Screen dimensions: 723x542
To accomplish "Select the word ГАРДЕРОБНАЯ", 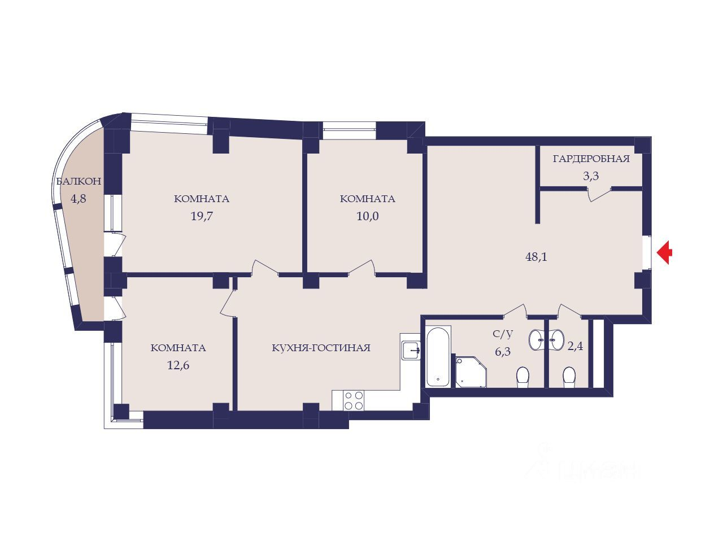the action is [x=591, y=159].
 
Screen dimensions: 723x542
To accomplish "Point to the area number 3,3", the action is [x=591, y=176].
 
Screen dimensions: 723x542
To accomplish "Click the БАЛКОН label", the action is [x=79, y=181].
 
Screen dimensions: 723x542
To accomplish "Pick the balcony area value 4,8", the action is [x=79, y=198].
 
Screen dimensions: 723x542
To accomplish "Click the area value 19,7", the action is [x=202, y=216].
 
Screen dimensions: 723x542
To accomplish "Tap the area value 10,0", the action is [x=368, y=216].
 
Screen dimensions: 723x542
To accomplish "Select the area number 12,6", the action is [x=178, y=365].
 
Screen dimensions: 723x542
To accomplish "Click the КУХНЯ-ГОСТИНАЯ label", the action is [x=321, y=348].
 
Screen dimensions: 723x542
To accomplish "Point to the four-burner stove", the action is [x=353, y=400].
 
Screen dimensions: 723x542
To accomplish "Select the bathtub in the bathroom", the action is [x=437, y=356].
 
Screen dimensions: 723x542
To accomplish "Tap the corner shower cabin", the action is [x=471, y=371].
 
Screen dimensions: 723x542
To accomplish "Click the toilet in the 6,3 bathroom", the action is [x=522, y=377].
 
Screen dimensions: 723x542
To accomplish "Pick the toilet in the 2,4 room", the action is [x=569, y=377].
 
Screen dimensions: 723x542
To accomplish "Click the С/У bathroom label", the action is [x=503, y=334].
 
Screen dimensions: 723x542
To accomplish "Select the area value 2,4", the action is [x=575, y=346].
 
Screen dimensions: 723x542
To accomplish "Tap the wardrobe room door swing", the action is [x=599, y=194].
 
